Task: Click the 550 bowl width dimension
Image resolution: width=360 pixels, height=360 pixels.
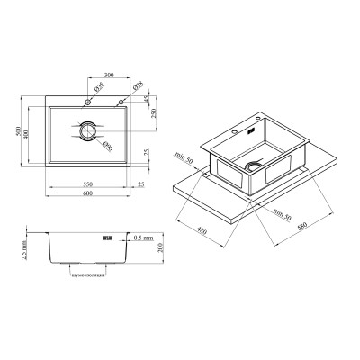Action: click(85, 184)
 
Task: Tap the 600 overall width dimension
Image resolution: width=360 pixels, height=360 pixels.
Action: click(85, 197)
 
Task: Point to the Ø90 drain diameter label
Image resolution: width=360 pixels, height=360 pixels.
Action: click(106, 146)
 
